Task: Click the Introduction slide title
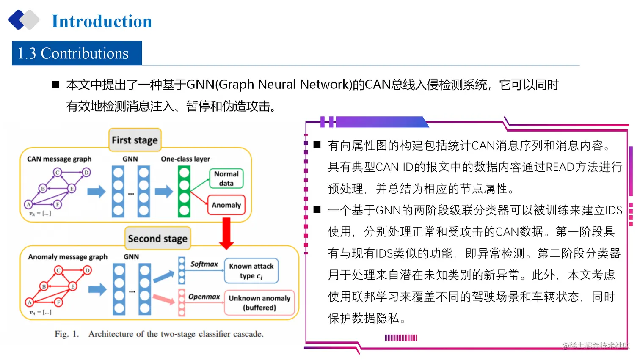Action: click(x=102, y=21)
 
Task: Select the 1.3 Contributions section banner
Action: click(x=77, y=53)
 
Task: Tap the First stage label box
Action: click(x=135, y=140)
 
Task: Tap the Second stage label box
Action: click(x=157, y=238)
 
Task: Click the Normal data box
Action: click(x=226, y=179)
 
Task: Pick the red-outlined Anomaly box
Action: click(x=226, y=205)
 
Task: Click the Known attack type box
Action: click(x=251, y=271)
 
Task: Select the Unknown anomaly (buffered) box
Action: click(x=259, y=302)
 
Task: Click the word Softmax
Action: click(x=204, y=264)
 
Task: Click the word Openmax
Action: click(x=204, y=297)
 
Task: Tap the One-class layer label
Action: click(x=185, y=159)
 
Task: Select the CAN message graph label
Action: click(x=59, y=159)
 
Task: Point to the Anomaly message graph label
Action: click(x=68, y=257)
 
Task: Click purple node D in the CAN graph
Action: click(x=86, y=172)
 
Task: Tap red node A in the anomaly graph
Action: click(x=30, y=302)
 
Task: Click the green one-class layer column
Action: click(x=184, y=191)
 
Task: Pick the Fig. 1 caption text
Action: click(x=159, y=334)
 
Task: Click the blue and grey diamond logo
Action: click(x=24, y=20)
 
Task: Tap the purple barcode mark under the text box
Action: click(x=400, y=338)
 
